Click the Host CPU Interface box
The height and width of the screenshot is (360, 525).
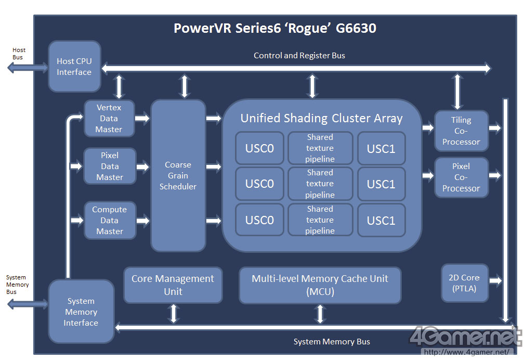pos(74,67)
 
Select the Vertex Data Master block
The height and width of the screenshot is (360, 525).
pos(109,119)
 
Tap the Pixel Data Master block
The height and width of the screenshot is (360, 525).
pos(110,166)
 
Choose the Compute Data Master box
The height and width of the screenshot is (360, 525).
pos(110,220)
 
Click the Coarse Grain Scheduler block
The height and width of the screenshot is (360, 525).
pos(178,175)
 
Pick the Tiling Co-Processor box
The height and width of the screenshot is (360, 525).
pos(461,131)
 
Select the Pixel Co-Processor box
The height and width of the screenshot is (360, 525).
pos(461,177)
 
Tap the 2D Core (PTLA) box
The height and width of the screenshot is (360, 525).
pos(465,282)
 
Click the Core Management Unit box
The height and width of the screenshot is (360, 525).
pos(173,285)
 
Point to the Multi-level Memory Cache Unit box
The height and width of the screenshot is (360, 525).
pos(320,285)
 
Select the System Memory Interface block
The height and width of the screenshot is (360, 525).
pos(81,312)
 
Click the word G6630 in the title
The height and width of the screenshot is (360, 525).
pos(356,28)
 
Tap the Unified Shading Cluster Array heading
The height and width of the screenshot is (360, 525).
pos(321,118)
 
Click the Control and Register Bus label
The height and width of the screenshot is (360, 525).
pos(299,55)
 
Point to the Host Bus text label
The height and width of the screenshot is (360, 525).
pos(19,54)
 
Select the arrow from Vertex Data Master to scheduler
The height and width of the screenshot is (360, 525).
pos(142,119)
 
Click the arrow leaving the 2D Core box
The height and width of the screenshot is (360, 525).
pos(495,281)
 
